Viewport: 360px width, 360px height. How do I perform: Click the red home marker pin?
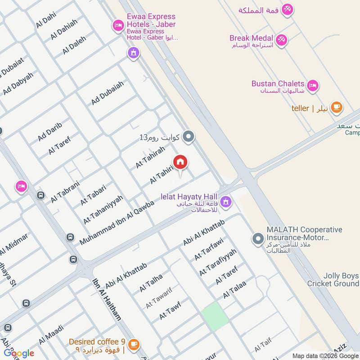click(180, 162)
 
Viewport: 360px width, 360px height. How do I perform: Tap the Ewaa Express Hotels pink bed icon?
click(118, 25)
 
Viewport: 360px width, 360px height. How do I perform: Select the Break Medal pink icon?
click(282, 40)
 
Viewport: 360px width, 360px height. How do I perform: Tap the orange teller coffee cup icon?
click(336, 108)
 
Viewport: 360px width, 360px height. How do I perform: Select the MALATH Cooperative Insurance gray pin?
click(258, 238)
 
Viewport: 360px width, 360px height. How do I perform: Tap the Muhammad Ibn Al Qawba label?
click(117, 223)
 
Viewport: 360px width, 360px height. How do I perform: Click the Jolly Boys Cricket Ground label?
click(333, 279)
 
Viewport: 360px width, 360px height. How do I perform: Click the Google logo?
click(19, 353)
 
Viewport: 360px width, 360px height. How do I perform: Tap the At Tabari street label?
click(93, 195)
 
